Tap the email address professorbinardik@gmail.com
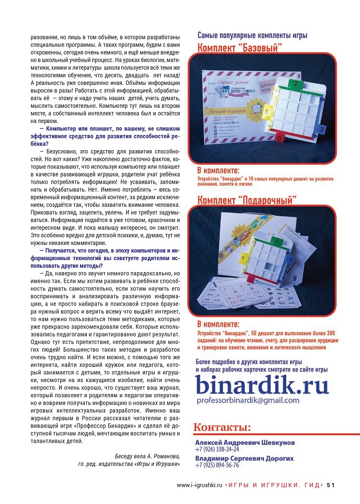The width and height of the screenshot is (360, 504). (x=248, y=400)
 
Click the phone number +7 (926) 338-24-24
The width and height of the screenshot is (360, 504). (x=217, y=449)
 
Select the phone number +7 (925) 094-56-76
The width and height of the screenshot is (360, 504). (x=217, y=465)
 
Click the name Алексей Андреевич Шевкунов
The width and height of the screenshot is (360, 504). (x=244, y=442)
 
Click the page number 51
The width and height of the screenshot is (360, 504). (x=331, y=484)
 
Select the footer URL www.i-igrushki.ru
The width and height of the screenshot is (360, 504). (x=200, y=484)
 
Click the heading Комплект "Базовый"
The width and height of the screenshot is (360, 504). (x=240, y=48)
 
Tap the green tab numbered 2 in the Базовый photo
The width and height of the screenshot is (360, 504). (x=296, y=83)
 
